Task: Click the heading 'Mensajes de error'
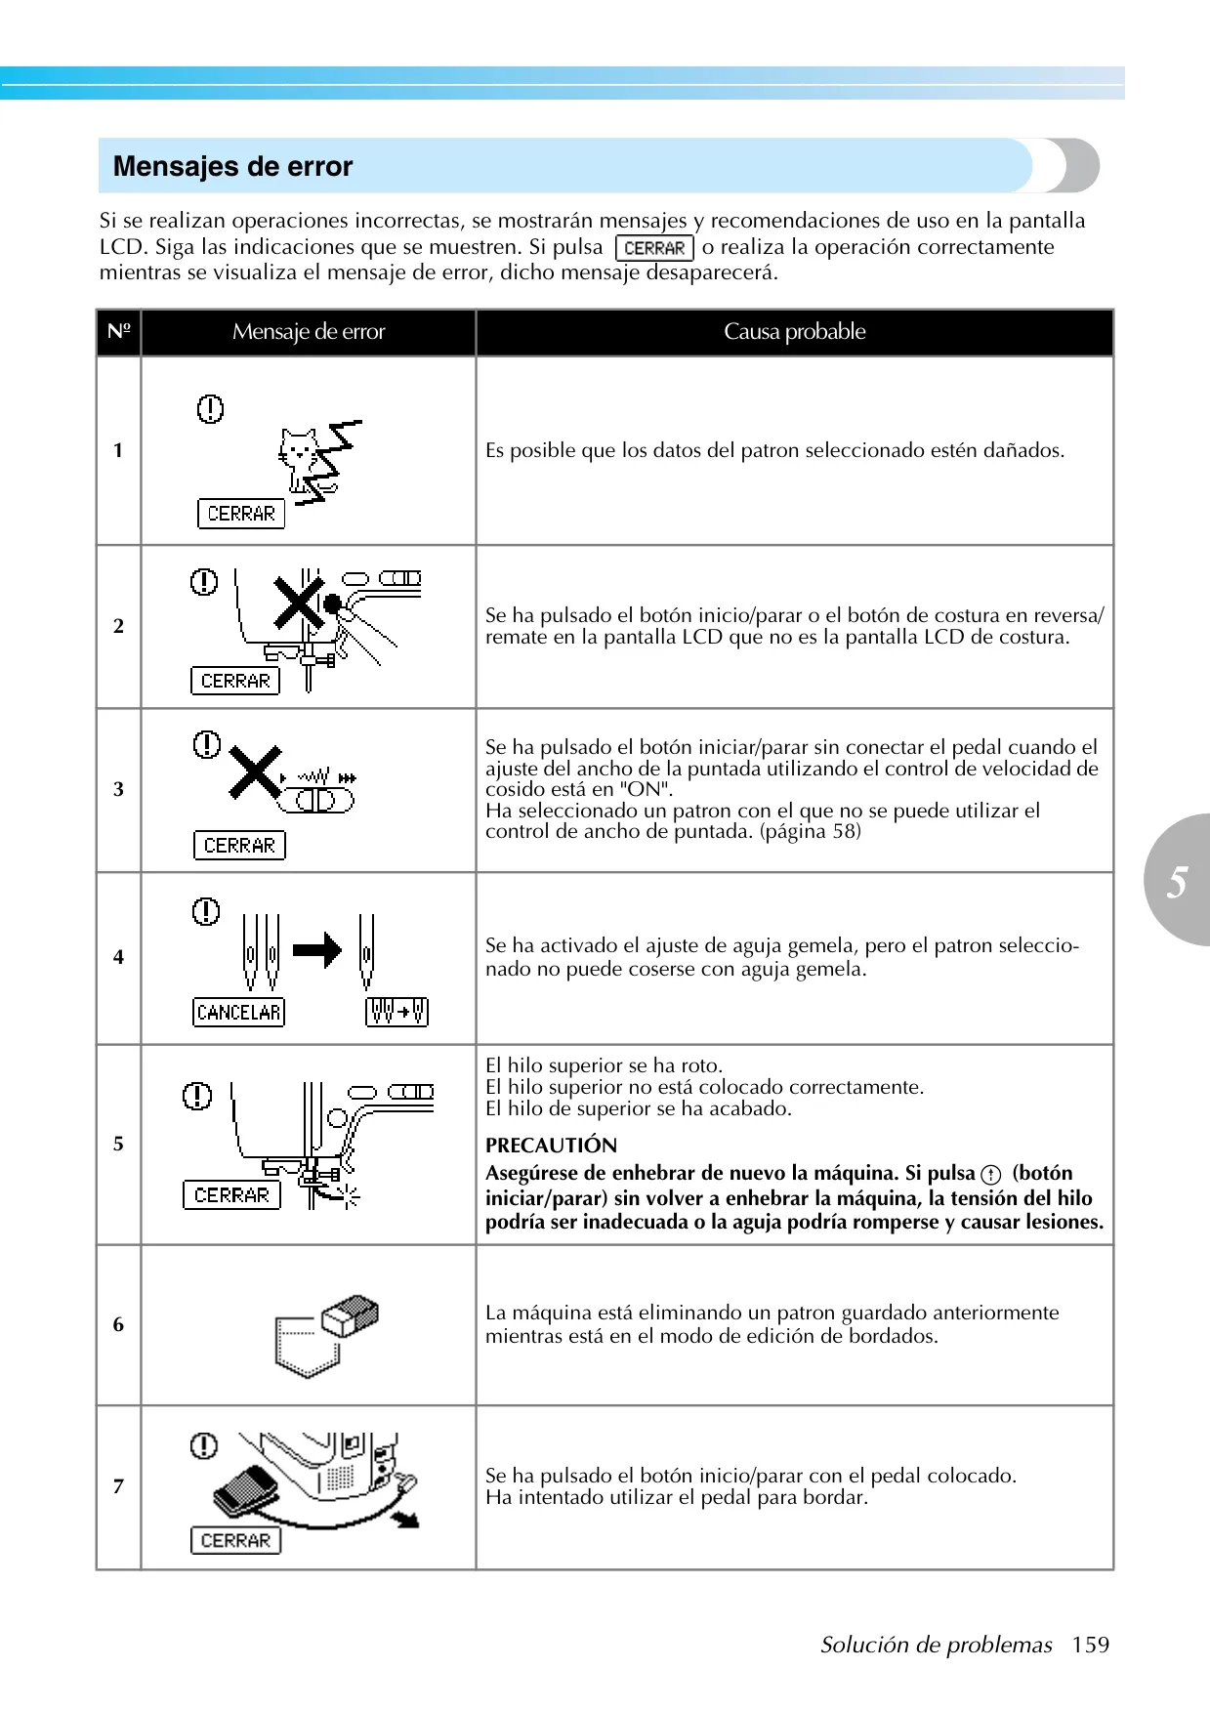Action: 232,166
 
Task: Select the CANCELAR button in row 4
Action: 238,1012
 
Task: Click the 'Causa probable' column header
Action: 794,332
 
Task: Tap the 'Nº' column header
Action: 118,332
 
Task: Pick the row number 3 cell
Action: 118,789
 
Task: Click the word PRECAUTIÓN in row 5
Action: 551,1146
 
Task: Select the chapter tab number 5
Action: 1177,881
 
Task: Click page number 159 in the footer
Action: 1090,1645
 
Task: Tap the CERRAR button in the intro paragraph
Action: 654,248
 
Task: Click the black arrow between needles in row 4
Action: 317,949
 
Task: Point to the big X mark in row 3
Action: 255,772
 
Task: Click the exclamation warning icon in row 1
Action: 210,408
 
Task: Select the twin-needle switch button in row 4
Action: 397,1012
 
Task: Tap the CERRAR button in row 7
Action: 235,1540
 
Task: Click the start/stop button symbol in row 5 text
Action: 991,1175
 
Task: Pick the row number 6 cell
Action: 118,1324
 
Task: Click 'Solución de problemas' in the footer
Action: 936,1646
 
